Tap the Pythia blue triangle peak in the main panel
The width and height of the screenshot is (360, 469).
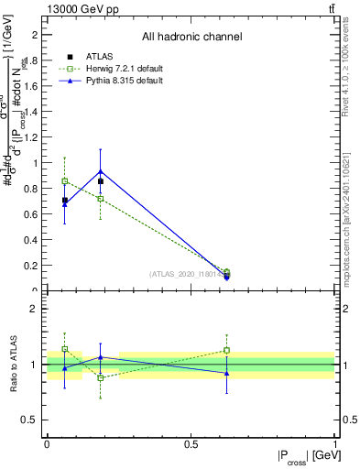point(101,171)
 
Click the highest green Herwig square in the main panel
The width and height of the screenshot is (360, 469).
point(64,181)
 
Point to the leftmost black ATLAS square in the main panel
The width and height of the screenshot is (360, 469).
point(64,200)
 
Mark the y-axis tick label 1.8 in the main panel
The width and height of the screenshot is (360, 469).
point(32,60)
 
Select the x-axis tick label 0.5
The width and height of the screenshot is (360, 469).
point(191,444)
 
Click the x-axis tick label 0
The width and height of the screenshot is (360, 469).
point(47,444)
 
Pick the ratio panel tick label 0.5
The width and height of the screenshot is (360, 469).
point(32,420)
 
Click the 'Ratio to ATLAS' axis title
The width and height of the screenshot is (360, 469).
point(13,365)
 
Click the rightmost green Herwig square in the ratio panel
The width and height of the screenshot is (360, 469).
point(226,350)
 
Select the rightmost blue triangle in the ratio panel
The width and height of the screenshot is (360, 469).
point(226,373)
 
